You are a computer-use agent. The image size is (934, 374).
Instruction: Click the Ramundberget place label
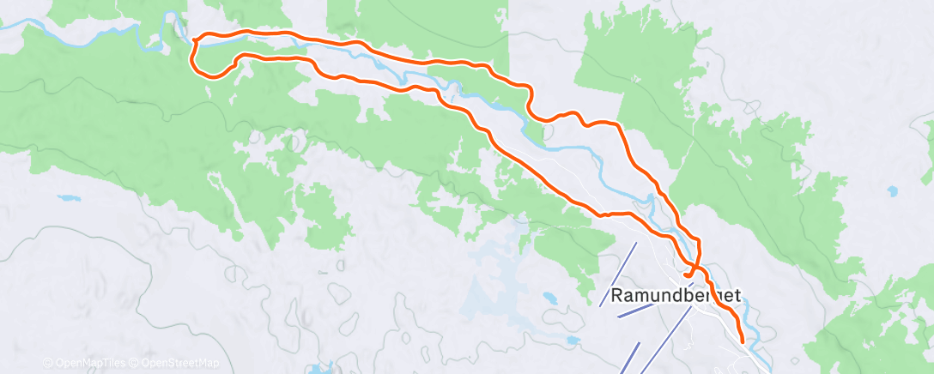coord(676,295)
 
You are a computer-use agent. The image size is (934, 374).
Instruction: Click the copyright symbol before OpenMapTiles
coord(47,363)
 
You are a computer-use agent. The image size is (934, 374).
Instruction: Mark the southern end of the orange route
coord(742,344)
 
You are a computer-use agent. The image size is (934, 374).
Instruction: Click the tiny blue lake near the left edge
coord(65,198)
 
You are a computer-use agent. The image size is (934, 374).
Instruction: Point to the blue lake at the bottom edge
coord(319,369)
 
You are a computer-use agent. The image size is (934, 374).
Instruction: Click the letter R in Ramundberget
coord(618,295)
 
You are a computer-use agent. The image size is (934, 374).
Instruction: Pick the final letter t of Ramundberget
coord(737,295)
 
